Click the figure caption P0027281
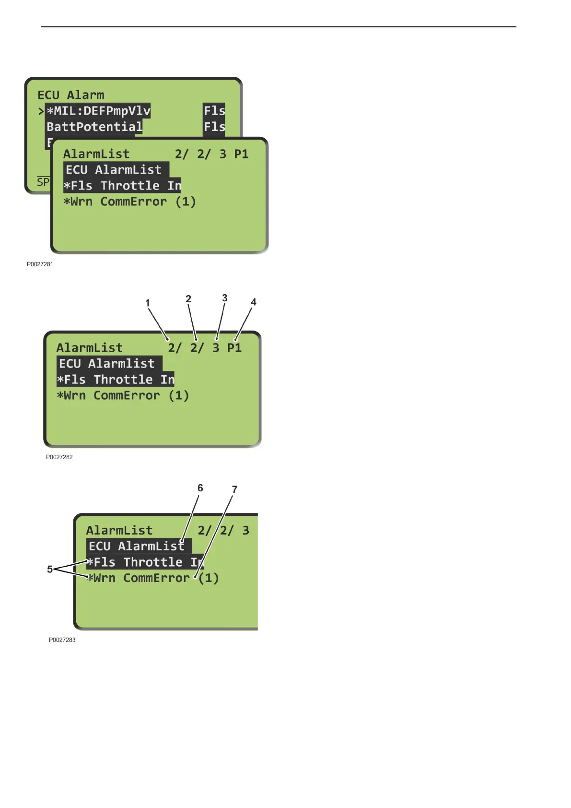pyautogui.click(x=40, y=264)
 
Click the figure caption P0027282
pyautogui.click(x=59, y=457)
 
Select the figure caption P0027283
pyautogui.click(x=62, y=640)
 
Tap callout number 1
pyautogui.click(x=148, y=303)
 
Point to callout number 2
pyautogui.click(x=188, y=299)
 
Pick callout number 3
pyautogui.click(x=225, y=298)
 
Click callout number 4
pyautogui.click(x=254, y=302)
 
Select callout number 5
pyautogui.click(x=50, y=569)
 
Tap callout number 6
pyautogui.click(x=200, y=488)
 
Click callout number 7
pyautogui.click(x=234, y=489)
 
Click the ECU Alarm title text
pyautogui.click(x=71, y=95)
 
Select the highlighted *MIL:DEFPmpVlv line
pyautogui.click(x=98, y=111)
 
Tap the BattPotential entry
pyautogui.click(x=94, y=127)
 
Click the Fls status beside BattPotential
pyautogui.click(x=214, y=127)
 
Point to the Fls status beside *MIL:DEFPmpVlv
pyautogui.click(x=214, y=111)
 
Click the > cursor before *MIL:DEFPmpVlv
pyautogui.click(x=41, y=111)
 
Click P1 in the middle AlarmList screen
pyautogui.click(x=234, y=348)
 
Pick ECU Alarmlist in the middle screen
pyautogui.click(x=107, y=364)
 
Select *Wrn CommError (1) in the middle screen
pyautogui.click(x=123, y=396)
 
